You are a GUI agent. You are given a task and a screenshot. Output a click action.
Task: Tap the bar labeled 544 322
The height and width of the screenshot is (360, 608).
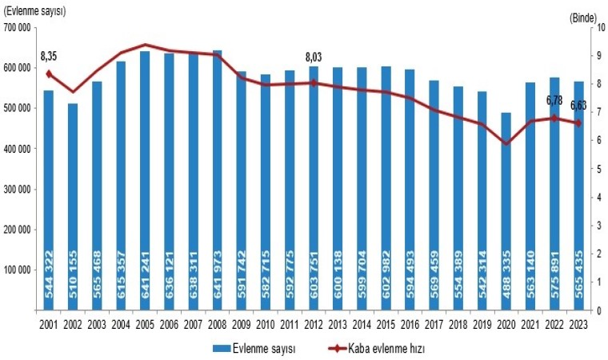pyautogui.click(x=48, y=200)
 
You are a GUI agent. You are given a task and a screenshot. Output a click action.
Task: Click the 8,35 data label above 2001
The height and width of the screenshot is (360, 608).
pyautogui.click(x=49, y=57)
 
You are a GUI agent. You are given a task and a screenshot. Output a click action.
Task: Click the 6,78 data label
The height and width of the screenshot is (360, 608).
pyautogui.click(x=554, y=100)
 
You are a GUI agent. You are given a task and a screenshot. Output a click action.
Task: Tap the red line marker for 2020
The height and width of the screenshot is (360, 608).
pyautogui.click(x=506, y=143)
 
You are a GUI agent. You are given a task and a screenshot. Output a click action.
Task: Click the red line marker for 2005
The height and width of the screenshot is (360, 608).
pyautogui.click(x=145, y=45)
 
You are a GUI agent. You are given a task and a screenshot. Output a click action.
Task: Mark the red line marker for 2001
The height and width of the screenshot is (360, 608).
pyautogui.click(x=48, y=74)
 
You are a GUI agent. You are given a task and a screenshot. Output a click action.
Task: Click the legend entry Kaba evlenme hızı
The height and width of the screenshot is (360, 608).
pyautogui.click(x=374, y=348)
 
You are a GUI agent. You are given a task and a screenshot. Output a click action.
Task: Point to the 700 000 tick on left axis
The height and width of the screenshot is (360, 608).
pyautogui.click(x=17, y=28)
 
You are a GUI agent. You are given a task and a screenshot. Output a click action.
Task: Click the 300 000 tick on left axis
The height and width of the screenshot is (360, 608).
pyautogui.click(x=17, y=190)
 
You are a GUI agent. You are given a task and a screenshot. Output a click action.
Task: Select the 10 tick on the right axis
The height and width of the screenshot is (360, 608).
pyautogui.click(x=594, y=28)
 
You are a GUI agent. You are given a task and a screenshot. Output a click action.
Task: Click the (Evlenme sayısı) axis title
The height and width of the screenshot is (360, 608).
pyautogui.click(x=35, y=10)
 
